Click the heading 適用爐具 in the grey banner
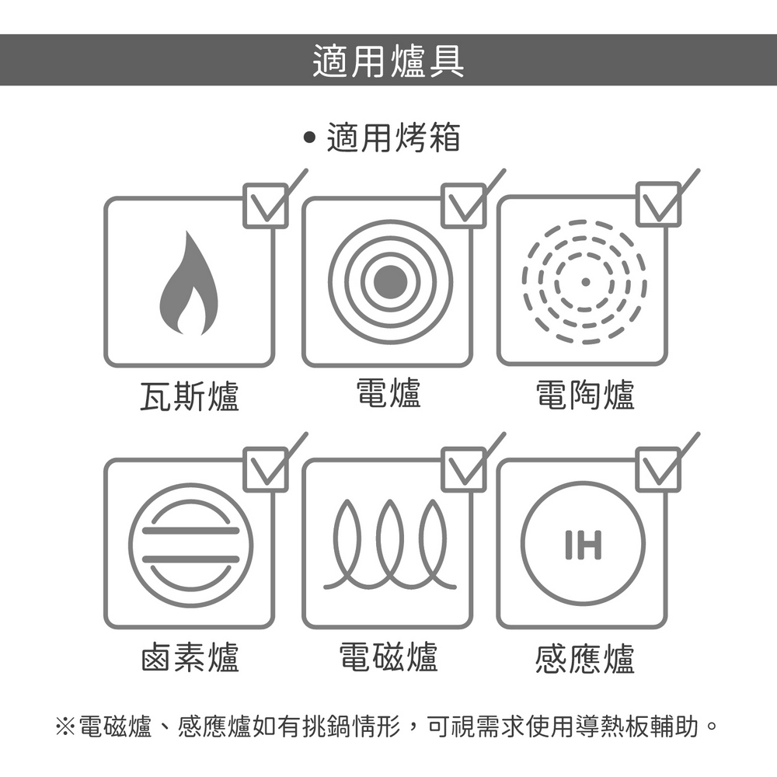(388, 61)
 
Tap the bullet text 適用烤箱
(393, 138)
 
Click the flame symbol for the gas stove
(189, 283)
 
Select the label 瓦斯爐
(190, 396)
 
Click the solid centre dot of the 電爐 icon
(390, 282)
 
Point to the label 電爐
(388, 392)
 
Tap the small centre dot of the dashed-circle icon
(585, 282)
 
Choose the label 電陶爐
(585, 395)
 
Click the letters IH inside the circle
(584, 545)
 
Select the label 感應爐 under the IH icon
(585, 659)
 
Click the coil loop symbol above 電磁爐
(390, 545)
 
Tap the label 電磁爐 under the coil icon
(388, 657)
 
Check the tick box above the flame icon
(265, 206)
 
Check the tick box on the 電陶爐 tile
(658, 204)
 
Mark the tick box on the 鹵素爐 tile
(265, 469)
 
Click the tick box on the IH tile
(658, 469)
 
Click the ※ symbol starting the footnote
(65, 726)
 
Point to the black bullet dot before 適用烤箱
(309, 137)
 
